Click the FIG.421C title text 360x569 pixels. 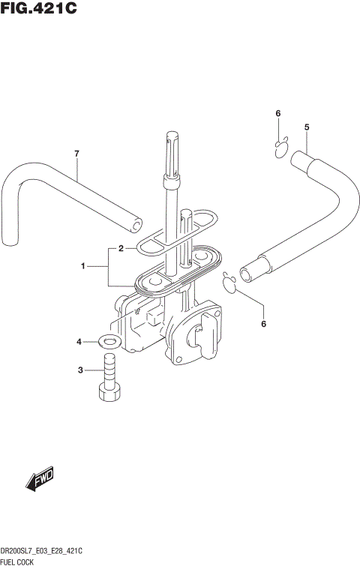[39, 10]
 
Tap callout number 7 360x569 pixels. [76, 154]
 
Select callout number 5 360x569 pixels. [307, 127]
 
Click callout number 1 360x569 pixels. [85, 266]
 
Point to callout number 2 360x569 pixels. [121, 248]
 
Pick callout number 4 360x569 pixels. [79, 343]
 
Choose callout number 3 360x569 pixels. [80, 370]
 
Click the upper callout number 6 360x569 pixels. [277, 113]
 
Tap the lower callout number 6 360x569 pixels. [263, 324]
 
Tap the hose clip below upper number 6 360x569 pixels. [283, 147]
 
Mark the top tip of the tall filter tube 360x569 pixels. [170, 136]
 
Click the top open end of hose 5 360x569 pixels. [299, 157]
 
